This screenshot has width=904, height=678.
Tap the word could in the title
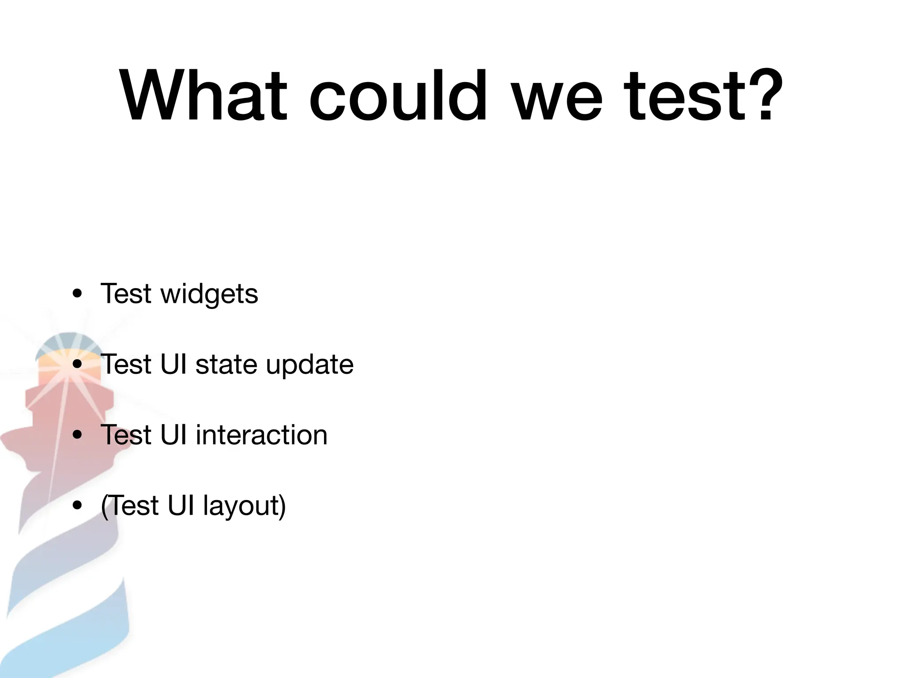click(x=397, y=95)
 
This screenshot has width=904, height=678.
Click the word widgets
click(x=209, y=294)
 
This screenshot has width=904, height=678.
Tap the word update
click(x=309, y=365)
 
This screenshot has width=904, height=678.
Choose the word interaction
click(x=261, y=435)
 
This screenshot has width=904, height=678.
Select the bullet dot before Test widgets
click(x=78, y=294)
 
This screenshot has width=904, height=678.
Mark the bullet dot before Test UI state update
click(x=78, y=365)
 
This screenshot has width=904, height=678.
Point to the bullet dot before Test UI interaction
click(x=78, y=435)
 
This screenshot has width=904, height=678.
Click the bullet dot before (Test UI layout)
click(x=78, y=506)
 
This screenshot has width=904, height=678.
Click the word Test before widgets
click(x=126, y=294)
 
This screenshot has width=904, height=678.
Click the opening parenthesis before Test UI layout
click(x=104, y=506)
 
